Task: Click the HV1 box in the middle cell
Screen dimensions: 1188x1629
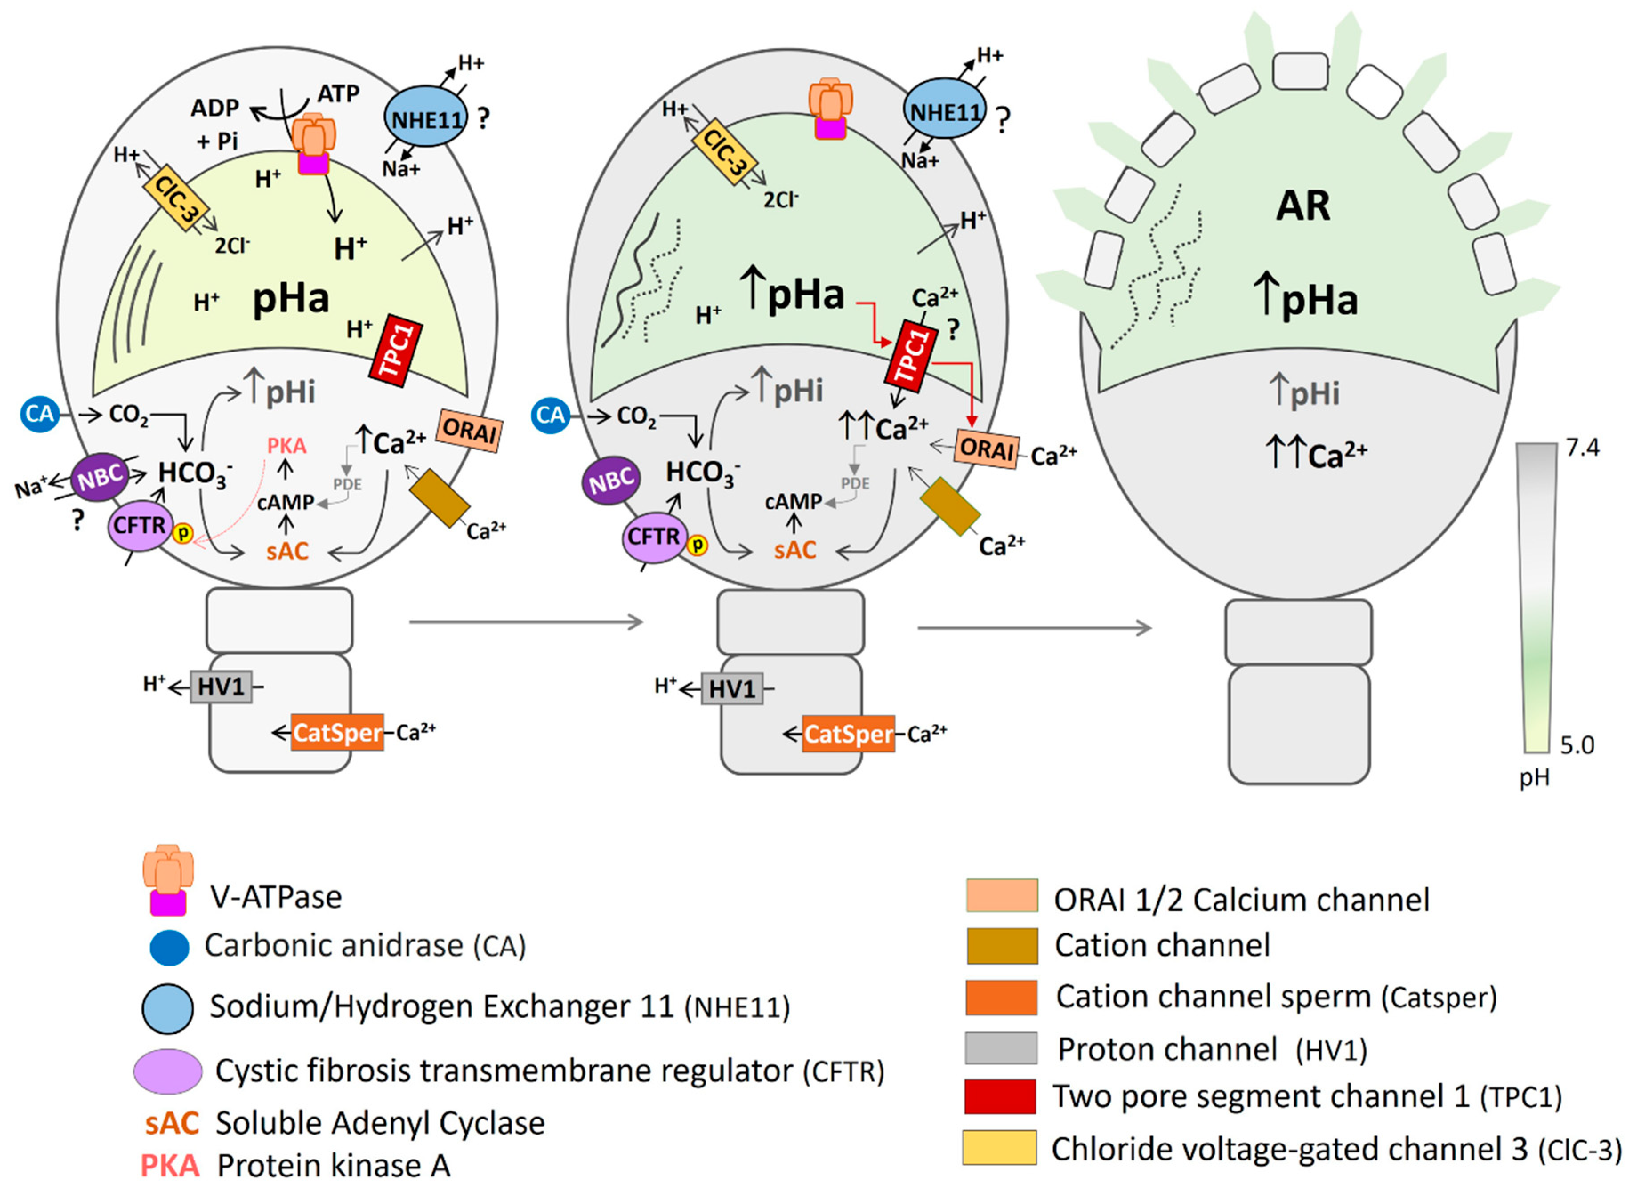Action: click(732, 689)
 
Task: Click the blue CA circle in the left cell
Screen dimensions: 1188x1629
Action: click(40, 414)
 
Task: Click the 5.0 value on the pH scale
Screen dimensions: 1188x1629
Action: click(1577, 745)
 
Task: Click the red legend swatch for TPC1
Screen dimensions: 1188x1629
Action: click(1000, 1096)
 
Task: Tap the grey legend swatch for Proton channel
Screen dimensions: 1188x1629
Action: click(1000, 1048)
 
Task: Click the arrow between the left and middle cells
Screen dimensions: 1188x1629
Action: click(525, 621)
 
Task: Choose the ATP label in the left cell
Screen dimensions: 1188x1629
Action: click(338, 93)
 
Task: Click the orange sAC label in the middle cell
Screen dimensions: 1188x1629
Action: click(795, 550)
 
